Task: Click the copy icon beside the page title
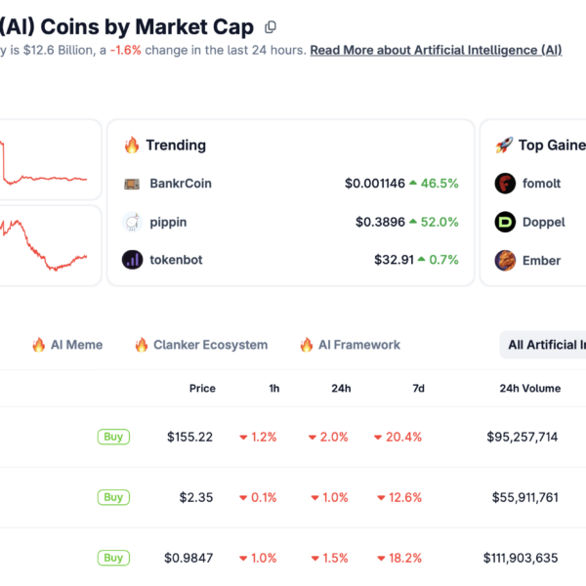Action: click(271, 27)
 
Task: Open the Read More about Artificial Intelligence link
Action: click(436, 50)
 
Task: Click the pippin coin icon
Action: click(132, 222)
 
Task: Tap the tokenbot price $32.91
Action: click(394, 260)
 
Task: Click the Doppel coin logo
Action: click(505, 222)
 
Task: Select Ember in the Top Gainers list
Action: click(543, 260)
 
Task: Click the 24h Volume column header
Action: click(529, 388)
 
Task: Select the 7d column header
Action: click(418, 388)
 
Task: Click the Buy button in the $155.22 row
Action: click(113, 437)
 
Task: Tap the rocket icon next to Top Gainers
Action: click(504, 146)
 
